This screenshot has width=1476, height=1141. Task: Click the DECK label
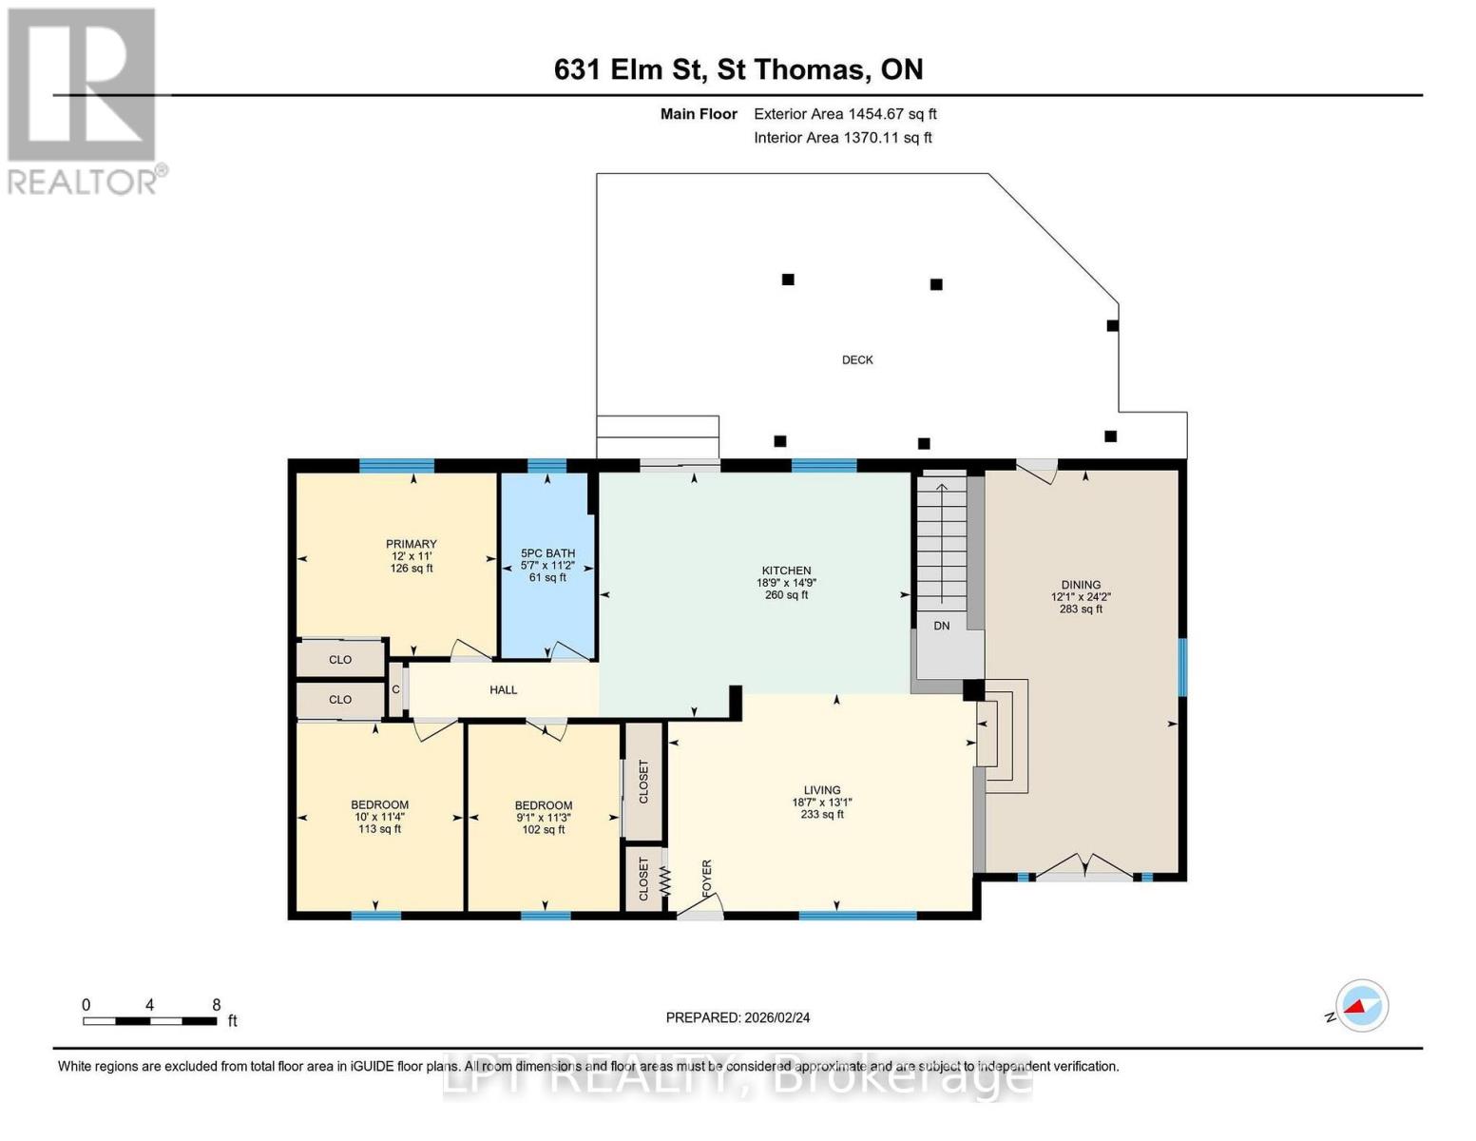coord(857,359)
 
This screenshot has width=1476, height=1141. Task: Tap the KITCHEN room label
coord(786,570)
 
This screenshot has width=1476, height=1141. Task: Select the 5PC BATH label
coord(547,553)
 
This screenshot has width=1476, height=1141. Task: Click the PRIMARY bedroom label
coord(411,544)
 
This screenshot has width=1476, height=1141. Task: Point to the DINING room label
coord(1081,585)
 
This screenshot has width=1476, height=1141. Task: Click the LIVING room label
coord(822,789)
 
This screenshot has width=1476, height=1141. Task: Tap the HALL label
coord(503,689)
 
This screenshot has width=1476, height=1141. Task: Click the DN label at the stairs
coord(941,626)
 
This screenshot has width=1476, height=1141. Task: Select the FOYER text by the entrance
coord(706,879)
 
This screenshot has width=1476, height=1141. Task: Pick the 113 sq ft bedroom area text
coord(379,829)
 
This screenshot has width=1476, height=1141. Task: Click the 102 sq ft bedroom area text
coord(544,829)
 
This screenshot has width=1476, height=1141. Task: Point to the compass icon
coord(1361,1006)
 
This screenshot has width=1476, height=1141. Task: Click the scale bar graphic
coord(149,1021)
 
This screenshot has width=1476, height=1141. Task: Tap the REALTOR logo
coord(84,100)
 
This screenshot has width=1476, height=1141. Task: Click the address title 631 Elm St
coord(738,69)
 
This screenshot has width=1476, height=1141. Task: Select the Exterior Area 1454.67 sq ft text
coord(845,114)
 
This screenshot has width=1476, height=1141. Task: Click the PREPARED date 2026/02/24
coord(738,1017)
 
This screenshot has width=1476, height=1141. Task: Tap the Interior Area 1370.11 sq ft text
coord(843,138)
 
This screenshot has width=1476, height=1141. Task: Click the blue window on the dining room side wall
coord(1182,667)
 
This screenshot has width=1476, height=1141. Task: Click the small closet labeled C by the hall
coord(396,689)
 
